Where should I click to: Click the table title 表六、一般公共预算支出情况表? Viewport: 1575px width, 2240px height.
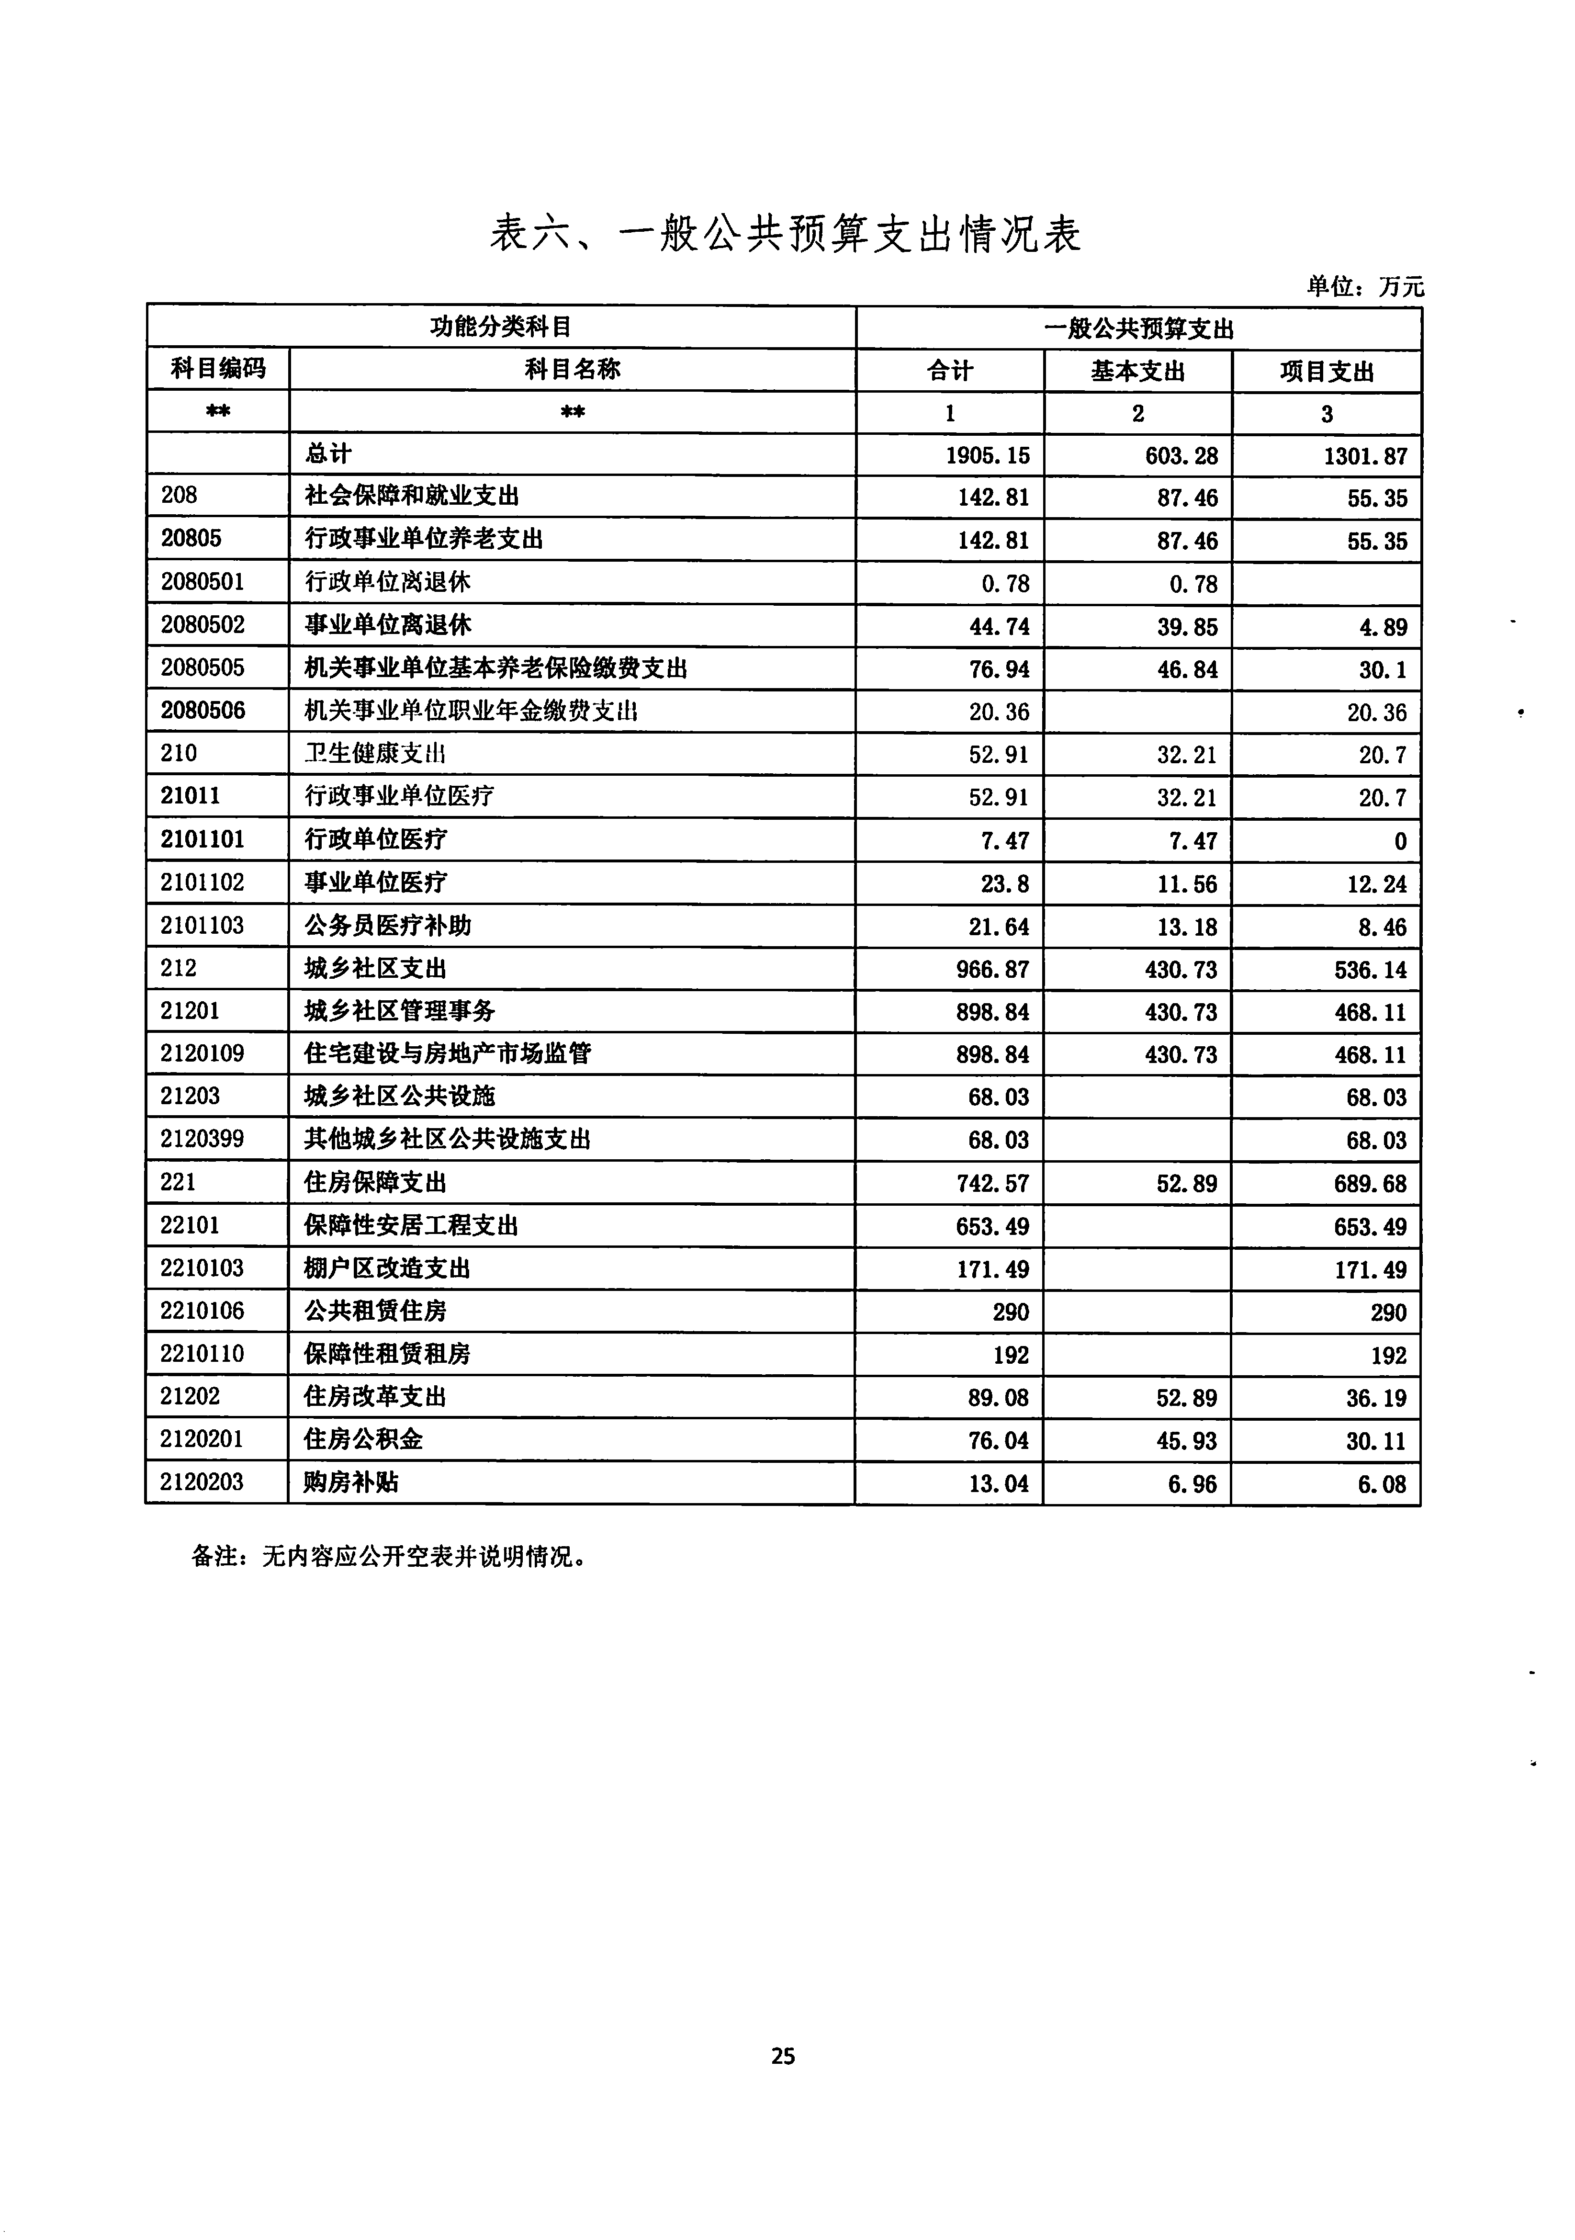pos(785,234)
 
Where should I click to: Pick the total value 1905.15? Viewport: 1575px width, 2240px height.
pos(987,455)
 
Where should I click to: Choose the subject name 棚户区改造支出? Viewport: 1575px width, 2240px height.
pos(387,1268)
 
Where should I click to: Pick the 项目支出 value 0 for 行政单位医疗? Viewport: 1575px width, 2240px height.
pos(1399,841)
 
